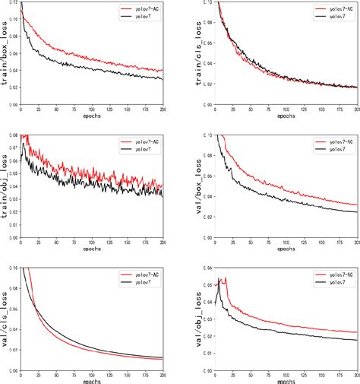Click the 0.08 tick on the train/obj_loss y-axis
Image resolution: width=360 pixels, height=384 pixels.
point(13,135)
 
